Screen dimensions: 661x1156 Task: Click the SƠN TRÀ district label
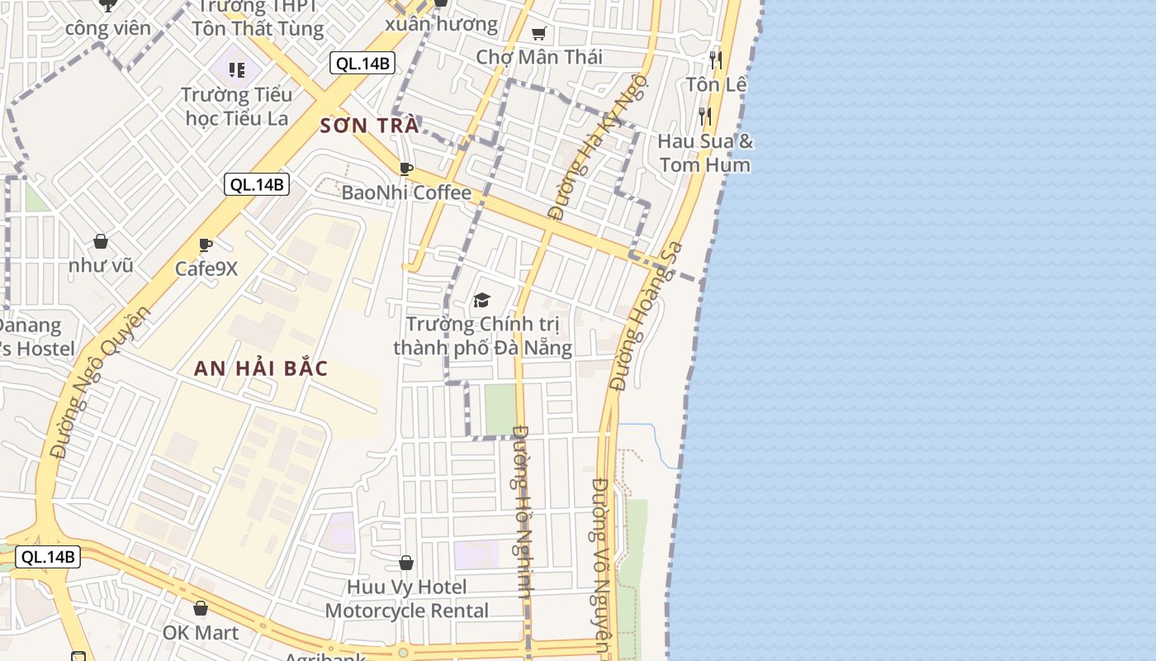click(369, 126)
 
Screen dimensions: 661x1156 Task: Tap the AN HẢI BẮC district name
click(261, 369)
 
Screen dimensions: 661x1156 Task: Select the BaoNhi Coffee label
click(406, 193)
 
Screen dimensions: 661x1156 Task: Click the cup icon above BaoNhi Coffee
click(406, 169)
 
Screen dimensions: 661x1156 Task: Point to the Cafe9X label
click(206, 269)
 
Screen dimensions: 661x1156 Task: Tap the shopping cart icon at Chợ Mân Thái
click(539, 34)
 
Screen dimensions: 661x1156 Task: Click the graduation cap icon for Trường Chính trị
click(481, 300)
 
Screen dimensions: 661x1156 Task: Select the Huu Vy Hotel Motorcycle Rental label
click(406, 599)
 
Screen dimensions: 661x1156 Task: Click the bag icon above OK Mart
click(201, 609)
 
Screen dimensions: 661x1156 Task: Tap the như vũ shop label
click(101, 265)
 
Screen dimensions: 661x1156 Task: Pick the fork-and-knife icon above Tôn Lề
click(716, 59)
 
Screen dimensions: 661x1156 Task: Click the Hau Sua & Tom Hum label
click(705, 153)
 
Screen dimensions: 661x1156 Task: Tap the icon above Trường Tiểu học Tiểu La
click(237, 70)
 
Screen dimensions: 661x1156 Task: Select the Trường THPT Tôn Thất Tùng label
click(258, 18)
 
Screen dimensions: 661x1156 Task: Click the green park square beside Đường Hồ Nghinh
click(500, 409)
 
